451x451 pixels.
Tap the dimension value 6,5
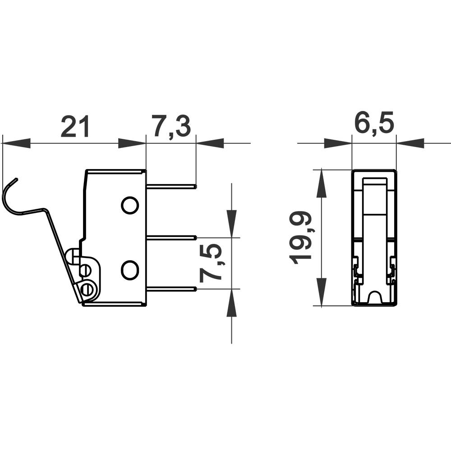[x=374, y=124]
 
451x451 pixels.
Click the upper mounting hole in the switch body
[x=129, y=205]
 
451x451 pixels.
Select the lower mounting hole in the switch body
[x=129, y=270]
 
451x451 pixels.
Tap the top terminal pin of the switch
[x=171, y=185]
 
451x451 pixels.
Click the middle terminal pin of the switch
[x=171, y=237]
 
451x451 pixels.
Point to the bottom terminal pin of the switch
[x=171, y=289]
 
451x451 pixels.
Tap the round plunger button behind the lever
[x=71, y=256]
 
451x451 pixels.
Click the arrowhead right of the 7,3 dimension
[x=210, y=143]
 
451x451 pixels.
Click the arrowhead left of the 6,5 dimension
[x=338, y=143]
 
